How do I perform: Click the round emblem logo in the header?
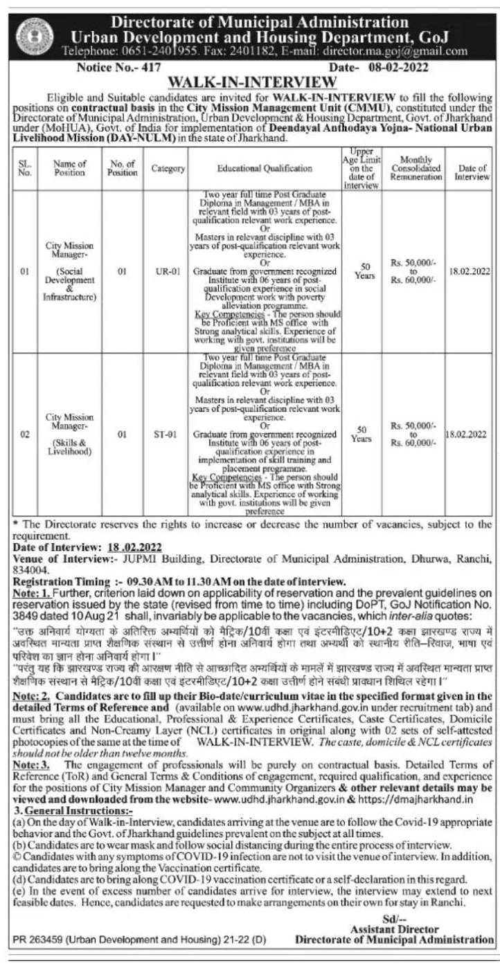[x=30, y=32]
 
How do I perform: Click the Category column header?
[x=168, y=167]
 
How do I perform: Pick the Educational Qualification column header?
[x=264, y=167]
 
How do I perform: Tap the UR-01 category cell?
[x=168, y=273]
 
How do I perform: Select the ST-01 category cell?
[x=168, y=435]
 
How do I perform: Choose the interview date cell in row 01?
[x=471, y=273]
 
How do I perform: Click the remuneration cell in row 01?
[x=413, y=273]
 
